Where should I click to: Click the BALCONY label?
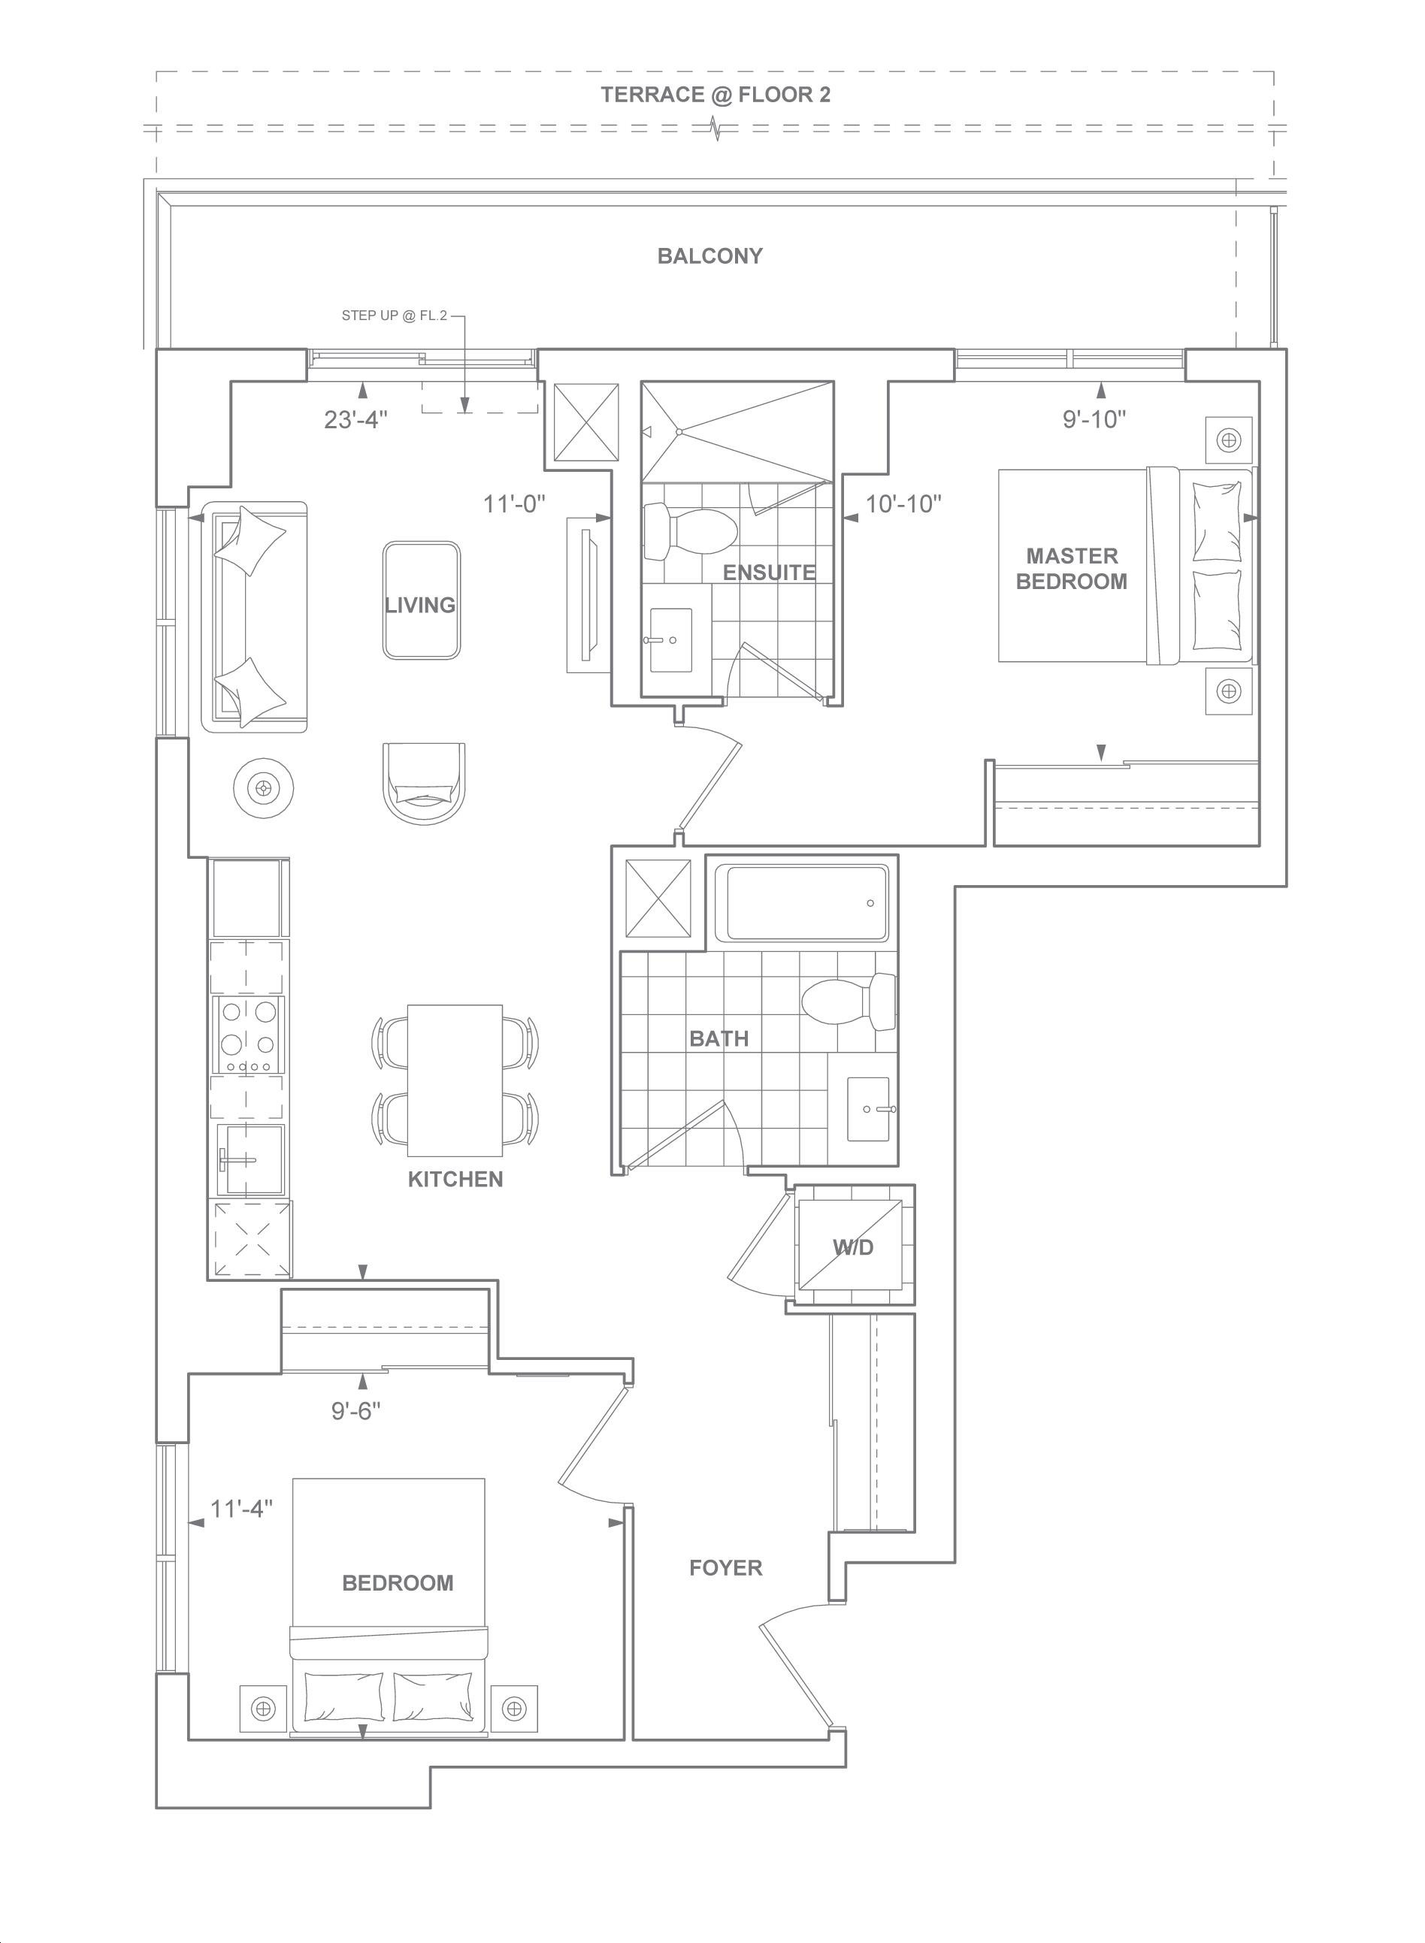tap(710, 256)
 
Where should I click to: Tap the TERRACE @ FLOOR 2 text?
tap(716, 95)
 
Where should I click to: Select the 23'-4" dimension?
tap(355, 420)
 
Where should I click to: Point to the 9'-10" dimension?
tap(1094, 420)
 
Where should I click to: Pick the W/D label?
tap(853, 1247)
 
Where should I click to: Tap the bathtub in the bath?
tap(806, 903)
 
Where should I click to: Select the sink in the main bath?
tap(869, 1109)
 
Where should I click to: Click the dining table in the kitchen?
tap(455, 1080)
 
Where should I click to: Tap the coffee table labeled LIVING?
tap(421, 600)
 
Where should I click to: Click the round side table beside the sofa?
tap(263, 787)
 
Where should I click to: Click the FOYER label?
tap(725, 1568)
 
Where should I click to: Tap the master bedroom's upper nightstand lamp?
tap(1227, 440)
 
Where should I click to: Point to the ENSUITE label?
tap(769, 573)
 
